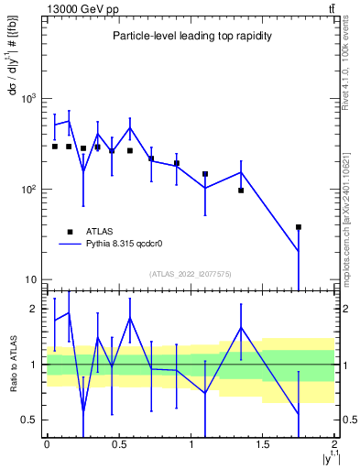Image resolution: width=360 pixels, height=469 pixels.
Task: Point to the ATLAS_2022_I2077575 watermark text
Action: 191,274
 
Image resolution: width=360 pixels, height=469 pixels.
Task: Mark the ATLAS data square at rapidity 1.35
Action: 241,191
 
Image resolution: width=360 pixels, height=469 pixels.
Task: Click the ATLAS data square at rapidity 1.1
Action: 205,173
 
